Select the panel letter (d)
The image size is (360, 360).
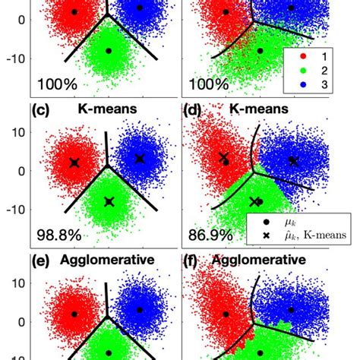point(194,109)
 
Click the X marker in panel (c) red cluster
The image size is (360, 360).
point(74,163)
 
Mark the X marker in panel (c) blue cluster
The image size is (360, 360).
point(140,159)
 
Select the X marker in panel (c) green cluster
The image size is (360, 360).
point(109,202)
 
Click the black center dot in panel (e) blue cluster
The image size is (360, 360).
point(140,310)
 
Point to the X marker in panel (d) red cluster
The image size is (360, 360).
point(224,157)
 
